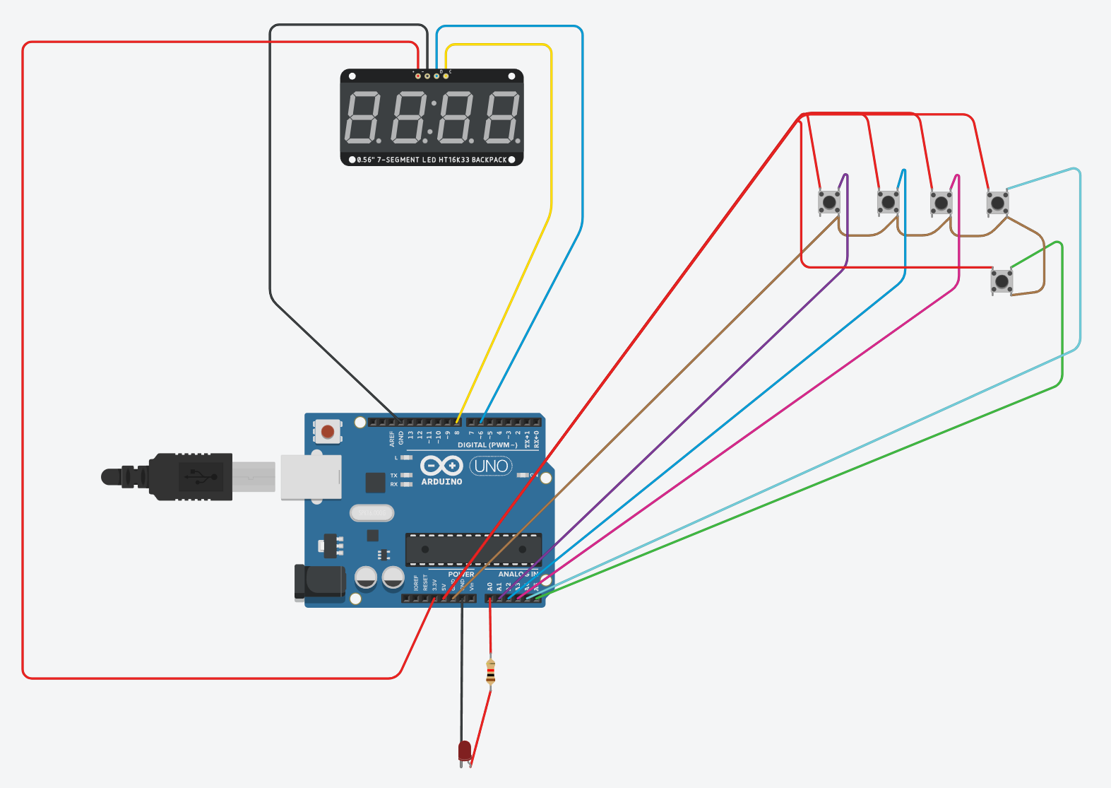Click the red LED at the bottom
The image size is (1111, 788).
[464, 751]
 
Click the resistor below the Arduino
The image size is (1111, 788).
[491, 671]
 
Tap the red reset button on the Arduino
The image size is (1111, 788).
[328, 430]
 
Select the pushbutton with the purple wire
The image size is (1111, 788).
[829, 203]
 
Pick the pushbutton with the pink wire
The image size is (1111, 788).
[941, 204]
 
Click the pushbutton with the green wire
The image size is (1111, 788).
[1002, 281]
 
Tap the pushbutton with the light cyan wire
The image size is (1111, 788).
[997, 204]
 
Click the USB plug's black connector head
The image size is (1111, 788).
[191, 477]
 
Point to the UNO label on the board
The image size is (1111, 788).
[491, 466]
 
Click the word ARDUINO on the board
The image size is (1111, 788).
[441, 482]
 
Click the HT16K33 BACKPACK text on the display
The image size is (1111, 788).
[472, 160]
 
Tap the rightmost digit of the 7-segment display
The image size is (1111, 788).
[501, 117]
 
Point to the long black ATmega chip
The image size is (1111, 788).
[473, 549]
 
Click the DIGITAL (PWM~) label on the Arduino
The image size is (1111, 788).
[487, 445]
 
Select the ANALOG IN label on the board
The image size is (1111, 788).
[518, 575]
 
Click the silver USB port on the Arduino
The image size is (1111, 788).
[311, 477]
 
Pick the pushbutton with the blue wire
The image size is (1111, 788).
[888, 203]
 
